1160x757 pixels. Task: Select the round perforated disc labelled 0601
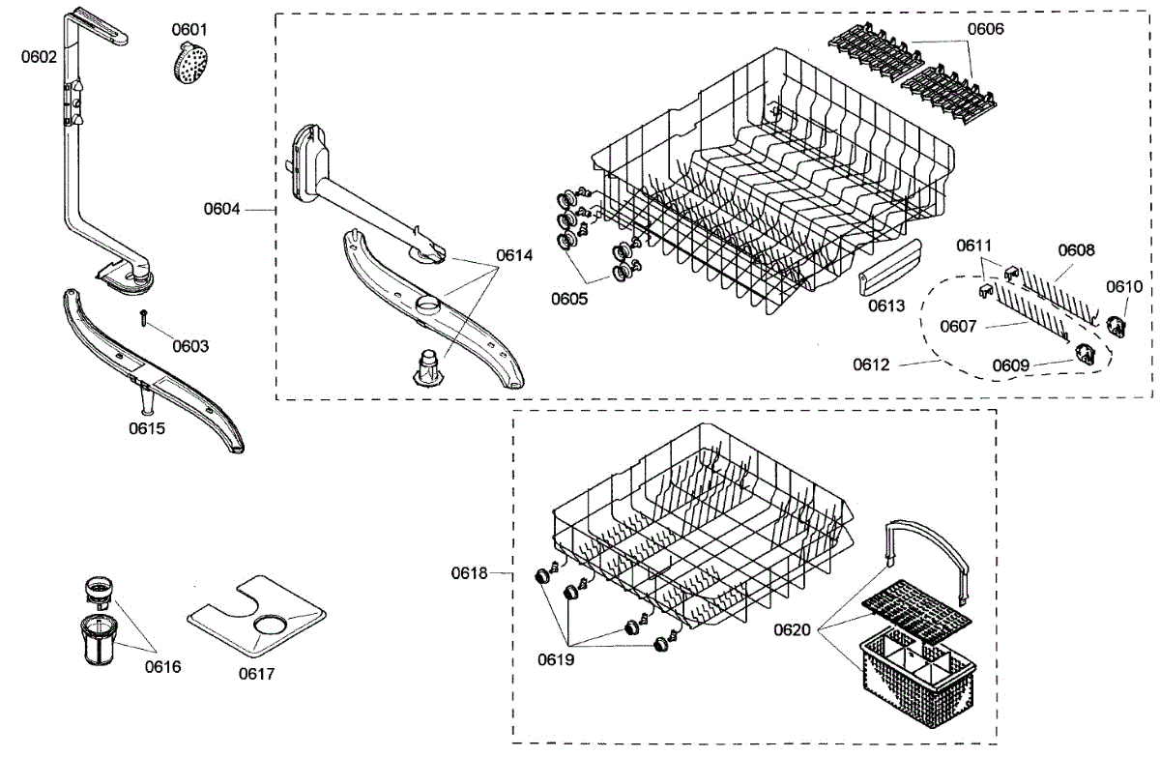(191, 66)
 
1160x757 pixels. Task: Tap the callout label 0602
(39, 56)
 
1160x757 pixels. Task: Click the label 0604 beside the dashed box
(221, 208)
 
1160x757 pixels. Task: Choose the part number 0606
(985, 29)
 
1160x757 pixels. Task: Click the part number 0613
(886, 306)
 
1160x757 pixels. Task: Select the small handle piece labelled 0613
(886, 266)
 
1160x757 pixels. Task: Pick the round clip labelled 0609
(1088, 356)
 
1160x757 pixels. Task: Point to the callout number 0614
(514, 255)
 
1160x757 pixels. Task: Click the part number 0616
(163, 666)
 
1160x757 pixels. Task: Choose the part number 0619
(556, 660)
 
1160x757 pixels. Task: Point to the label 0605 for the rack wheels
(569, 298)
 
